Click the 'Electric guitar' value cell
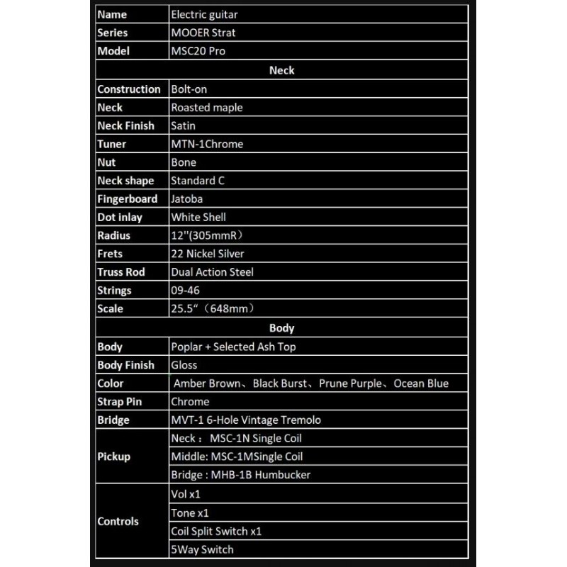tap(204, 14)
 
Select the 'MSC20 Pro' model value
tap(198, 51)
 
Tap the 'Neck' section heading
tap(281, 70)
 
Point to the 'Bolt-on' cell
tap(189, 89)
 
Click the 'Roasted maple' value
tap(206, 108)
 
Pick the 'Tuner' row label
tap(111, 144)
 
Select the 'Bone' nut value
tap(184, 162)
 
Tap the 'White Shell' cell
tap(198, 218)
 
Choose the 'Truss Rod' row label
tap(122, 272)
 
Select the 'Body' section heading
tap(281, 328)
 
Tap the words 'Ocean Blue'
tap(421, 383)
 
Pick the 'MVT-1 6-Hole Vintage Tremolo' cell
tap(245, 420)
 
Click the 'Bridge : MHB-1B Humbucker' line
tap(240, 475)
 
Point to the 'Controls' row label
tap(118, 522)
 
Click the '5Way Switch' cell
tap(202, 549)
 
